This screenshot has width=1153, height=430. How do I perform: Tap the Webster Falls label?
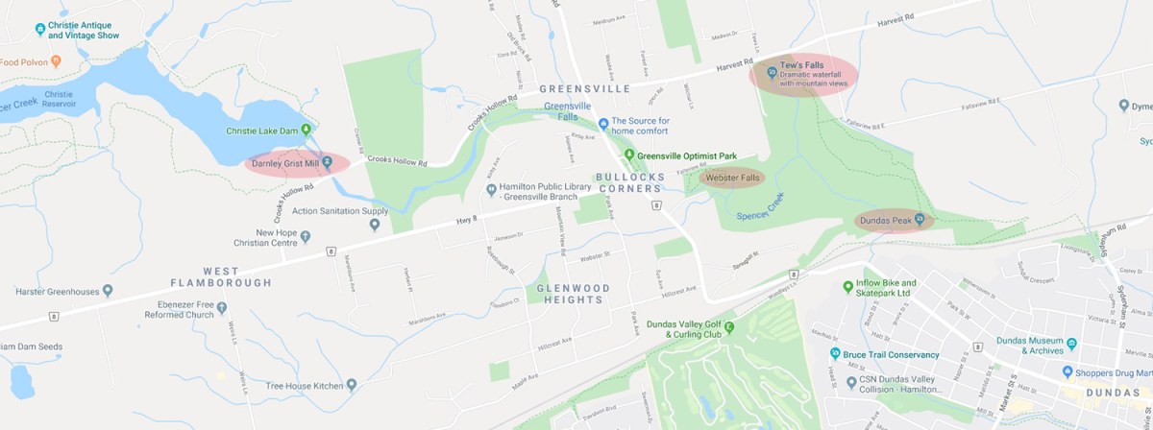click(x=732, y=179)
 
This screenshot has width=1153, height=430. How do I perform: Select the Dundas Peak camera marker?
click(x=920, y=220)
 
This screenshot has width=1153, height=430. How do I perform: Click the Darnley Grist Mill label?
click(x=284, y=164)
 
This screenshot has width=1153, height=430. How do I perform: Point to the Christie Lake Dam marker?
click(x=307, y=130)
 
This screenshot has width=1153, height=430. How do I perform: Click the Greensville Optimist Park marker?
click(x=628, y=155)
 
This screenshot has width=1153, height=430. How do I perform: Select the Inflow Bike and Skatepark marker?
click(x=846, y=285)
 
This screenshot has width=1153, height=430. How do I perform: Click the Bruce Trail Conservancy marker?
click(x=833, y=354)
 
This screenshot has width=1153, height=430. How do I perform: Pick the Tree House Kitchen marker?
click(x=352, y=385)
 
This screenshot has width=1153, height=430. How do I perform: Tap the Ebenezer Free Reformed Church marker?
click(x=222, y=308)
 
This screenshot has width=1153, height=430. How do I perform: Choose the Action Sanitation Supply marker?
click(x=375, y=225)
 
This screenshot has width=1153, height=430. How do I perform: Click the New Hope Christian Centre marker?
click(x=305, y=236)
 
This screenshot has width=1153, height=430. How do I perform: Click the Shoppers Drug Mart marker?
click(x=1067, y=371)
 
